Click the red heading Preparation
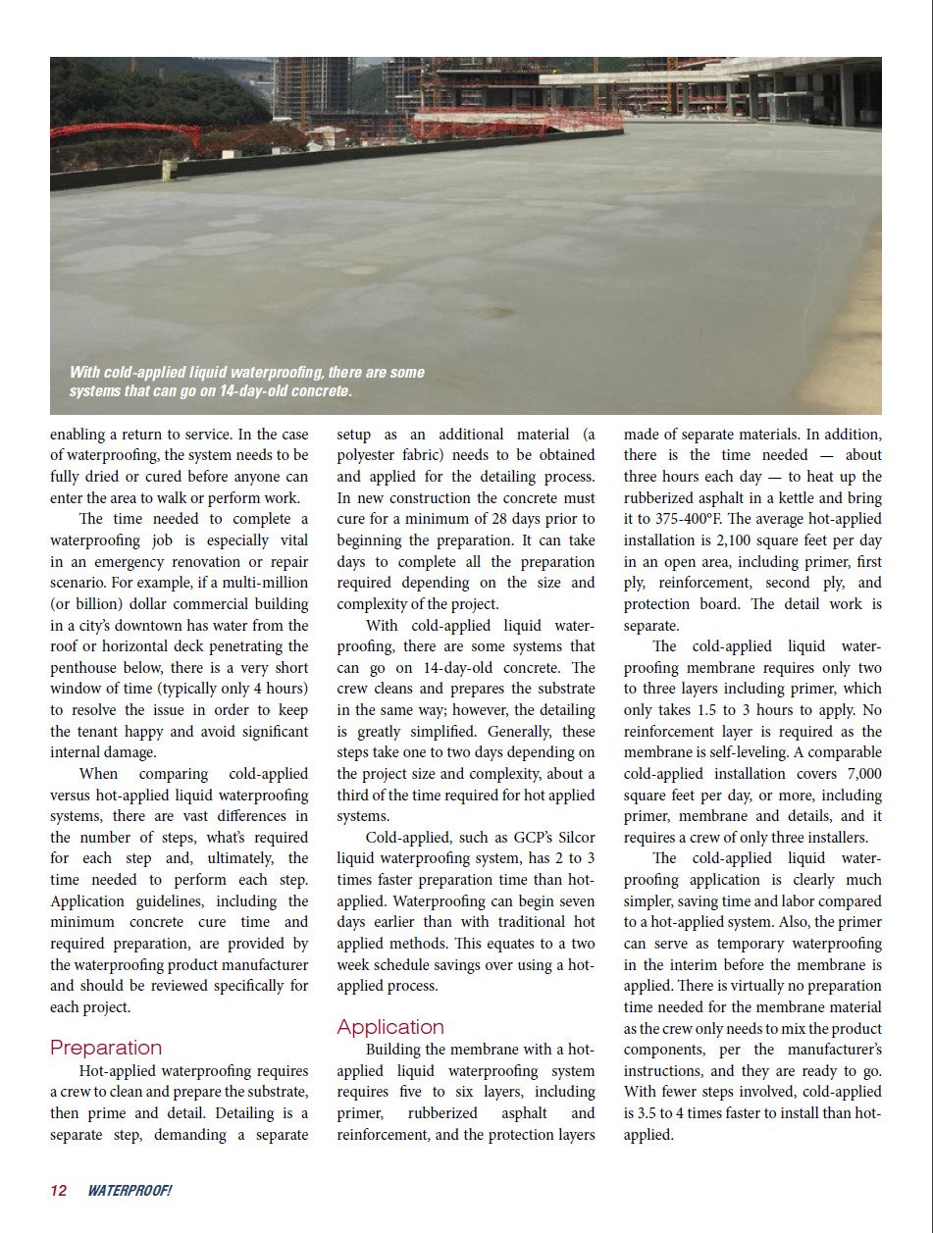(106, 1048)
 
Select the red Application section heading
(390, 1027)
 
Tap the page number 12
(59, 1191)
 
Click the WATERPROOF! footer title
(130, 1191)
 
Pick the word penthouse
(88, 667)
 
